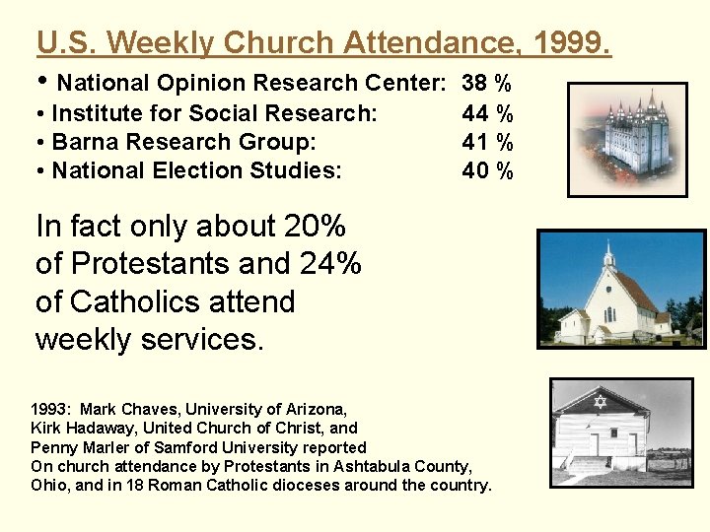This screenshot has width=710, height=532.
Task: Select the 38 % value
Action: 487,83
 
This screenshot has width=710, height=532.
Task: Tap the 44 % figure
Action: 487,113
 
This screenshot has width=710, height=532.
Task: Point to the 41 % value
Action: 487,142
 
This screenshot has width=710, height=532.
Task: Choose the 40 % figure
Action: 487,170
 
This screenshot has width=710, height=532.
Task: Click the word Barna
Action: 83,142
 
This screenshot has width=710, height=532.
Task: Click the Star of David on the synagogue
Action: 600,401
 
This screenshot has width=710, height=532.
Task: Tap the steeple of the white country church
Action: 608,254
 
